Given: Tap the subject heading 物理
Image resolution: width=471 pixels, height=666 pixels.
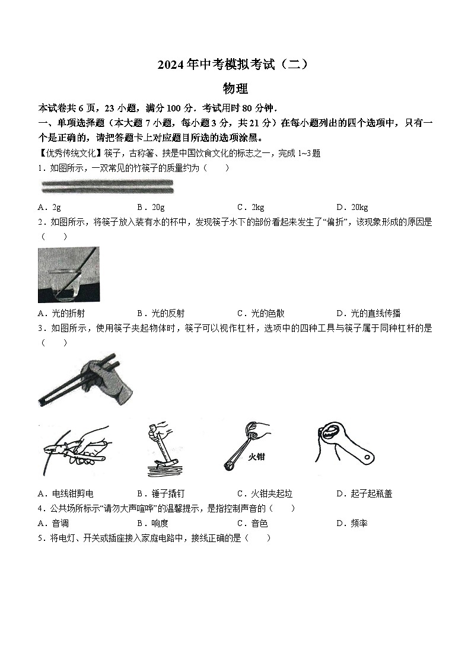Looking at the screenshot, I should [235, 89].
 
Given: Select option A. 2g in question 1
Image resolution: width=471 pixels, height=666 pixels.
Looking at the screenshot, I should [49, 207].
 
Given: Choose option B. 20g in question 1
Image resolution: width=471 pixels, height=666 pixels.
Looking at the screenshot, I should [151, 207].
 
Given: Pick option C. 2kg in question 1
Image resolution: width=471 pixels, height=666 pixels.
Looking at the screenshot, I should [250, 207].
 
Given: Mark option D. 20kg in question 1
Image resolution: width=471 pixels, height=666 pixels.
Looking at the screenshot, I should [352, 207].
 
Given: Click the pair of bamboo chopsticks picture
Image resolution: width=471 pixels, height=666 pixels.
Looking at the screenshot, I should [107, 187].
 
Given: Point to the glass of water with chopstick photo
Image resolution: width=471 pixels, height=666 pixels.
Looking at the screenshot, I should [68, 275].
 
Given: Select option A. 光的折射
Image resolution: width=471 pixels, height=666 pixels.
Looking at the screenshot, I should [65, 313].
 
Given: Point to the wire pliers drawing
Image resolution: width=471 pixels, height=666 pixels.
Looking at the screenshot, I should [72, 449].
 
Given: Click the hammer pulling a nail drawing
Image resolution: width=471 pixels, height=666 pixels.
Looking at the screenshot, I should [164, 449].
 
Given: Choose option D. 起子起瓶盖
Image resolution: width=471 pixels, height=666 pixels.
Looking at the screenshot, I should [364, 493].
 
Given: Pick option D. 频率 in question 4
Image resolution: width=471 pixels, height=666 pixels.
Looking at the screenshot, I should [352, 523].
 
